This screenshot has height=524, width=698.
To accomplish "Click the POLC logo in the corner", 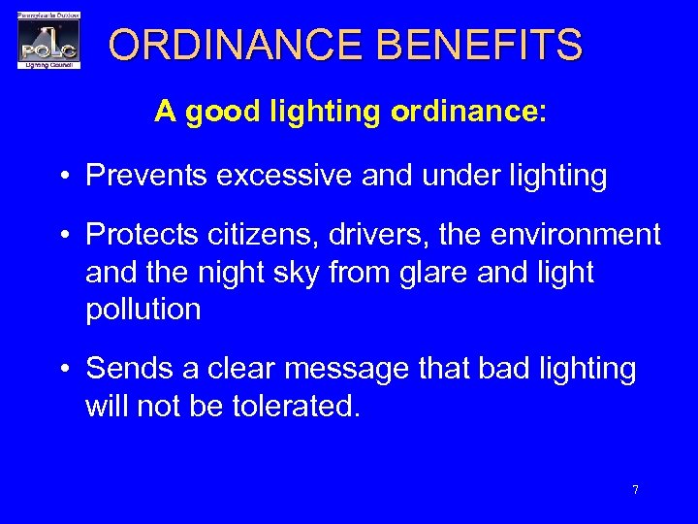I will pyautogui.click(x=48, y=41).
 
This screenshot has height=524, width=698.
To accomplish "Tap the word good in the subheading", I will pyautogui.click(x=221, y=112).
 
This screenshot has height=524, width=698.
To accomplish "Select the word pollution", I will pyautogui.click(x=143, y=310).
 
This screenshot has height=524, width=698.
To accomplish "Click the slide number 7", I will pyautogui.click(x=635, y=490).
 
